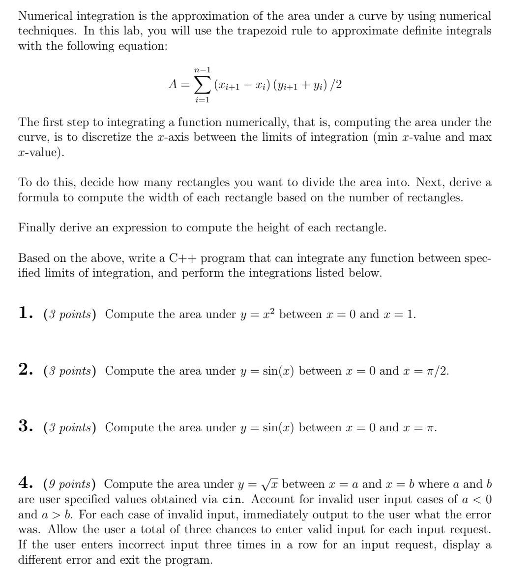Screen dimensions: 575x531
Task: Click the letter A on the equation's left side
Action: (173, 85)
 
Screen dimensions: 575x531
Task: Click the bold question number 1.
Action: (25, 313)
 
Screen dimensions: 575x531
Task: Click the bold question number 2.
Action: (25, 370)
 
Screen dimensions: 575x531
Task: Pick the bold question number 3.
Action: (25, 426)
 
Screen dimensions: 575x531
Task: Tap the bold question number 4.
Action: (25, 483)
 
